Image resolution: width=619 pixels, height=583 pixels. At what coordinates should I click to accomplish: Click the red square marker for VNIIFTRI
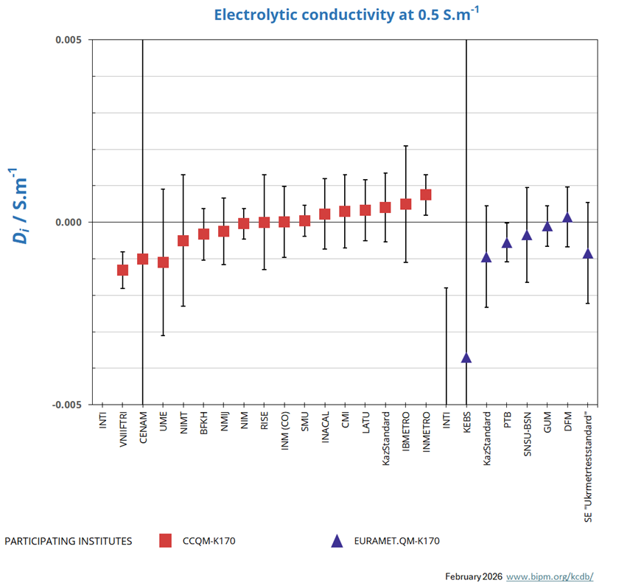(122, 270)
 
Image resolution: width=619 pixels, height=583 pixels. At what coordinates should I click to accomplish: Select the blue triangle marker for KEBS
(466, 358)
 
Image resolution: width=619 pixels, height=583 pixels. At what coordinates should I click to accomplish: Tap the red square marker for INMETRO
(425, 195)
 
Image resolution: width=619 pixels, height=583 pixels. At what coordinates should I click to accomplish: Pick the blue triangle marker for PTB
(506, 243)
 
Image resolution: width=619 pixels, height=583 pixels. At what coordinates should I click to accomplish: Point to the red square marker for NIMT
(183, 240)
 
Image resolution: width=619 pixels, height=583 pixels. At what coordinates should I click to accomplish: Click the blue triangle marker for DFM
(567, 217)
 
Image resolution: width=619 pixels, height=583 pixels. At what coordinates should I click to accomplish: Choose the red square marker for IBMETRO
(405, 204)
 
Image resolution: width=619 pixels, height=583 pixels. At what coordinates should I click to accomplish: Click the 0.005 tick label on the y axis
(69, 40)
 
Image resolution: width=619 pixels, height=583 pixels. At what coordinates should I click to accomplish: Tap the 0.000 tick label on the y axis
(69, 223)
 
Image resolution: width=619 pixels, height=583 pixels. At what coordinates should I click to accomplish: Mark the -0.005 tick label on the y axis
(68, 405)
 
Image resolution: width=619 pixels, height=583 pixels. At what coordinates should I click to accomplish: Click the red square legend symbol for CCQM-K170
(166, 541)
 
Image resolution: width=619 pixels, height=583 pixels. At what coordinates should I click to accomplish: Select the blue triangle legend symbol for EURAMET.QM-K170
(337, 541)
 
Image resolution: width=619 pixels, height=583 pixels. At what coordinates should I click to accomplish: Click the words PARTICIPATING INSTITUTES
(69, 541)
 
